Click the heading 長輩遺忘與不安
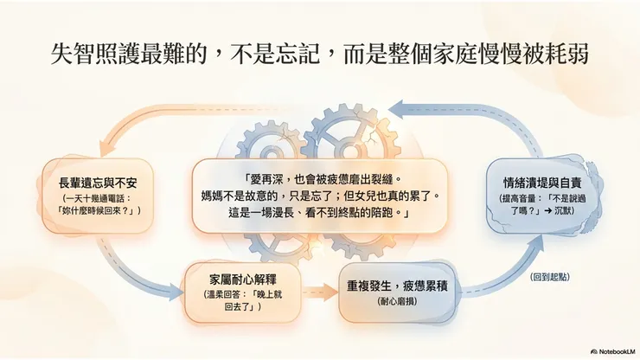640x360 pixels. pos(98,183)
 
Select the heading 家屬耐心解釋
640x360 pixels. pos(243,280)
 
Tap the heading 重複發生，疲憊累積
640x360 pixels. pos(397,286)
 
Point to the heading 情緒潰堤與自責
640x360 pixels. pos(542,183)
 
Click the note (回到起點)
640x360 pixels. pos(550,277)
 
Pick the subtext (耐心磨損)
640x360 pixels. pos(397,302)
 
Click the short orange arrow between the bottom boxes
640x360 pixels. pos(320,292)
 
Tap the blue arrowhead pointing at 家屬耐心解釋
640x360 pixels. pos(176,292)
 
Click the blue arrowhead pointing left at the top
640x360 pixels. pos(396,110)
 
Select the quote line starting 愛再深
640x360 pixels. pos(320,178)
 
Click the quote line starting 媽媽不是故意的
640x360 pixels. pos(320,196)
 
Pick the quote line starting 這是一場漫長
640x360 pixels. pos(320,213)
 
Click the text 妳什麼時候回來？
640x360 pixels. pos(97,211)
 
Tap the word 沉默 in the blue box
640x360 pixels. pos(564,211)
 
